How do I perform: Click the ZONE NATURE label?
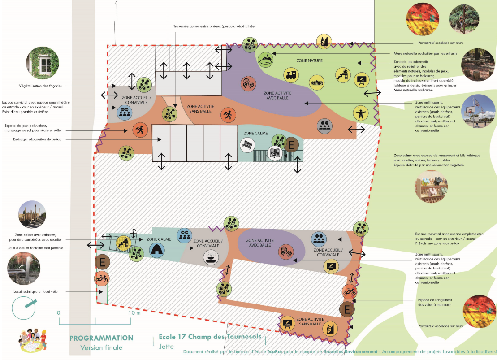pos(309,61)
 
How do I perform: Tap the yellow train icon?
pos(291,75)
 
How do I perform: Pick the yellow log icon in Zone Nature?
pos(317,82)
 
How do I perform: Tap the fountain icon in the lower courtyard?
pos(209,257)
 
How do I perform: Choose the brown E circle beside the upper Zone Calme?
pos(291,145)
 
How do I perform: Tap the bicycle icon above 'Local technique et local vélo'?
pos(102,278)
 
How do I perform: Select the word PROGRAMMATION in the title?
pos(101,338)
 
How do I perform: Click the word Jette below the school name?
pos(167,346)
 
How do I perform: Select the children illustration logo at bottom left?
pos(33,341)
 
